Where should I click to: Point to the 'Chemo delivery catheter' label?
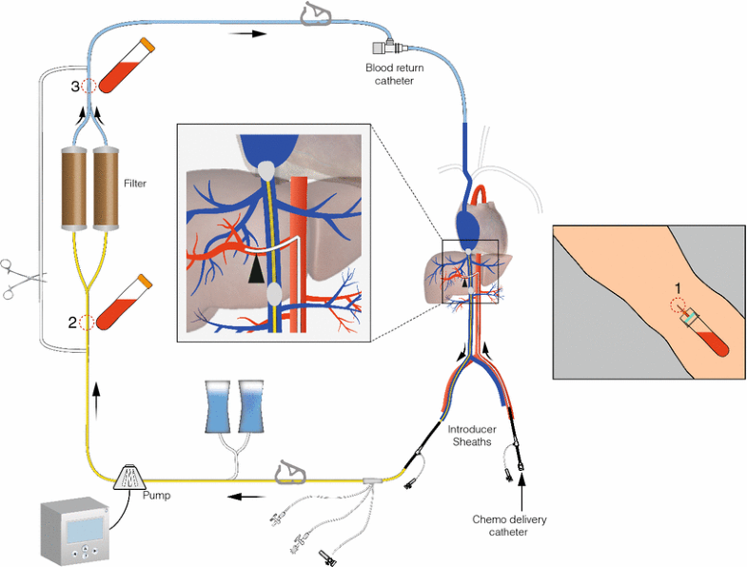[510, 526]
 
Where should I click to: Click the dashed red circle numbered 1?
[677, 307]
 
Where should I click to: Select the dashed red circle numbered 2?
[88, 322]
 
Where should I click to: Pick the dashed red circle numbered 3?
[88, 86]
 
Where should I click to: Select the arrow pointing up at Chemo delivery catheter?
[521, 492]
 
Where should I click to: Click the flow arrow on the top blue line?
[246, 33]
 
